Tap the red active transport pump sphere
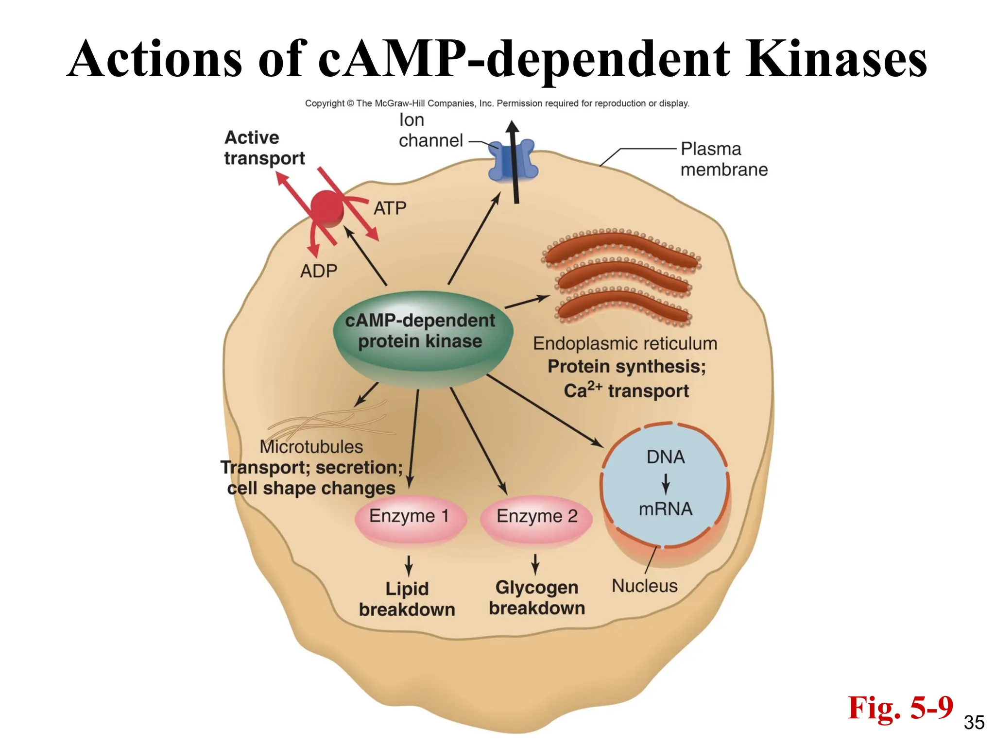(x=327, y=208)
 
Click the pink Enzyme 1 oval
(x=410, y=517)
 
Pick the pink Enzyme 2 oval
(x=536, y=517)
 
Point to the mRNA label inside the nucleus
(x=665, y=509)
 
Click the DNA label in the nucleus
(x=665, y=457)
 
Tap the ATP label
(x=390, y=208)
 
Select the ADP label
(x=318, y=271)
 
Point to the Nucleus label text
(x=644, y=586)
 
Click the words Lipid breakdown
(x=407, y=599)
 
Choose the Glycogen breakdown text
(x=536, y=598)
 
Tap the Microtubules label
(x=311, y=447)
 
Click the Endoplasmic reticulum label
(x=625, y=343)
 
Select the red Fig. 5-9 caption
(x=900, y=708)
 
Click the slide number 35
(x=974, y=723)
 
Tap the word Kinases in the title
(x=836, y=59)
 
